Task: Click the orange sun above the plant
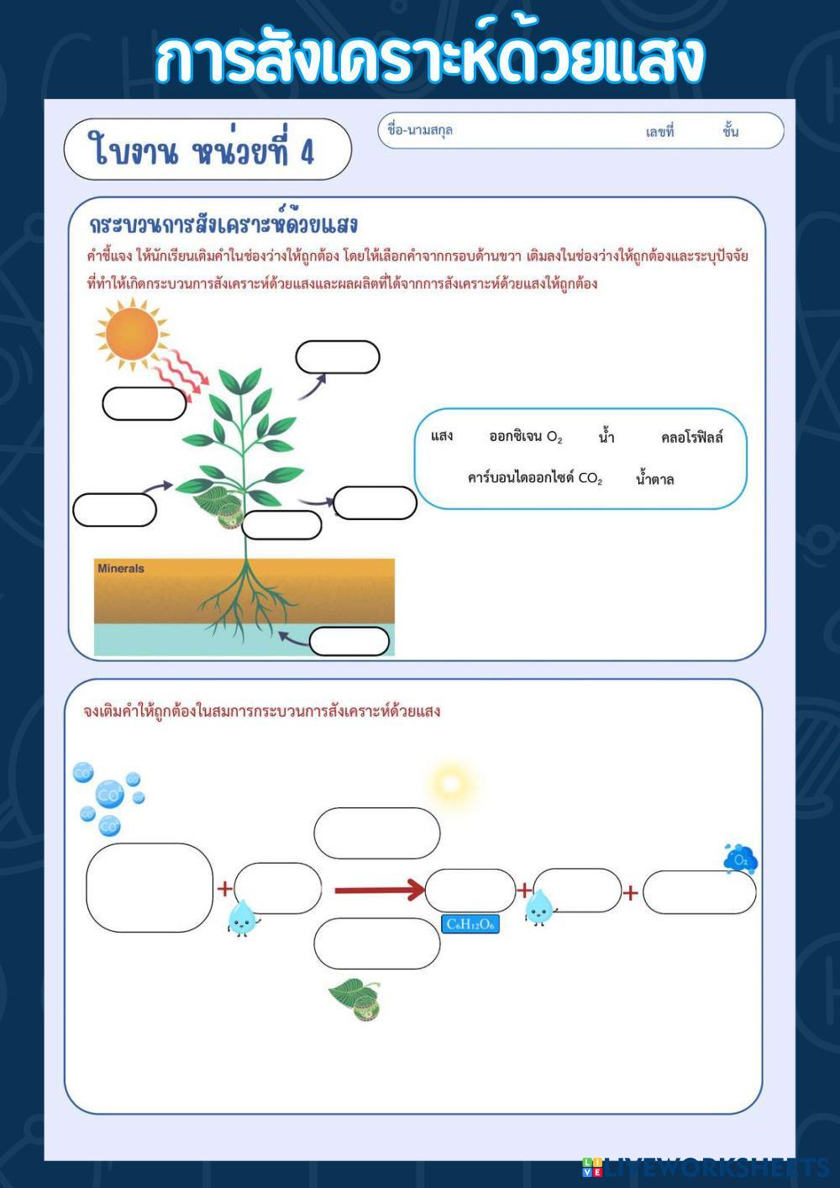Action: point(132,334)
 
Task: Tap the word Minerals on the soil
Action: point(121,569)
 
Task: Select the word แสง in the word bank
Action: point(442,435)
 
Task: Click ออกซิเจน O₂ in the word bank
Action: point(525,436)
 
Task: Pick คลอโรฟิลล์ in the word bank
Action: point(691,437)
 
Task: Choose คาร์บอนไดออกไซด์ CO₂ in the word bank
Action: point(535,478)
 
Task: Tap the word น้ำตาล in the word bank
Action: point(654,479)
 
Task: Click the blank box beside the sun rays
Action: point(144,403)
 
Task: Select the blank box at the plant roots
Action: point(349,641)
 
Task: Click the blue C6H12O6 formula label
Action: point(470,924)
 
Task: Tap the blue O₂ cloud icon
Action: point(741,859)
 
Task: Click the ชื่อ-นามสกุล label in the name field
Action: point(420,130)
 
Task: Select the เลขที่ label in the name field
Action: point(659,132)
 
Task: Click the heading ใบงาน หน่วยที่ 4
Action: point(202,151)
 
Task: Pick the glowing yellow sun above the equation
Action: point(451,784)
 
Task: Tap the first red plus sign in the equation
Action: point(225,889)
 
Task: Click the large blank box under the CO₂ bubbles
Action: point(150,887)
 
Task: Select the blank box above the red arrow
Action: point(376,833)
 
